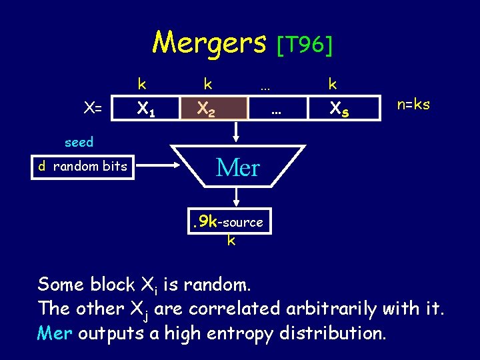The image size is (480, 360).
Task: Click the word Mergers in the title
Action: pos(209,43)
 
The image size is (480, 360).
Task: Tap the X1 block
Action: pos(146,107)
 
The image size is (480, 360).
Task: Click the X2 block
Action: pos(206,107)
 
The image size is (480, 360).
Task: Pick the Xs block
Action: pos(340,107)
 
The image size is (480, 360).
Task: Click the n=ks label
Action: pos(413,105)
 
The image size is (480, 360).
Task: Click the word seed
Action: pos(79,142)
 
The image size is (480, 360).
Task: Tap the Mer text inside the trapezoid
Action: pos(237,167)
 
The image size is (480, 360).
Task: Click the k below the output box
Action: pos(231,240)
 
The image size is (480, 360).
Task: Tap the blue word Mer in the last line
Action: pos(55,332)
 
